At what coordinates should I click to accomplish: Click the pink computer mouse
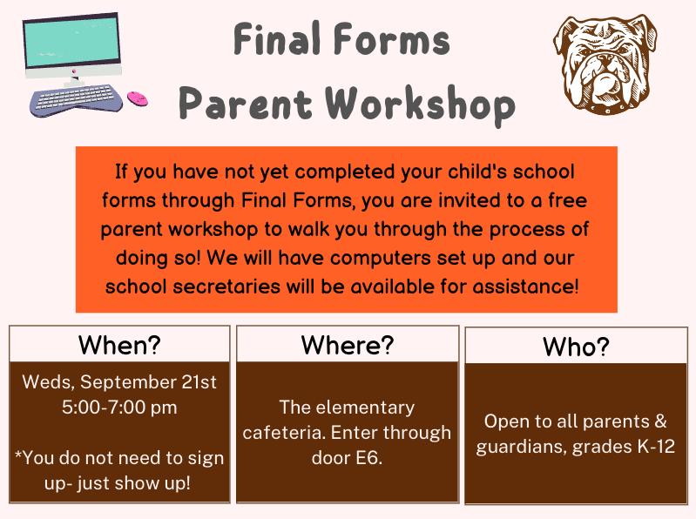138,98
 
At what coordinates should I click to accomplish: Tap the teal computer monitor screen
72,41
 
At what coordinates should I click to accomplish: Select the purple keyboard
76,99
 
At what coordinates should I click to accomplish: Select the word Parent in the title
246,104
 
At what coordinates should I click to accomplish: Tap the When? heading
119,345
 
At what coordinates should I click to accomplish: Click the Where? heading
348,345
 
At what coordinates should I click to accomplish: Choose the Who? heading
576,347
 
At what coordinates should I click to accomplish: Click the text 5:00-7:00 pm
119,408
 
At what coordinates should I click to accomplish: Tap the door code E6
368,458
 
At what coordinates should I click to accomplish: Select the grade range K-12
657,446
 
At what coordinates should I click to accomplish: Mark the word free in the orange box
568,200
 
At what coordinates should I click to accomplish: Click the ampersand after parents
660,421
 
